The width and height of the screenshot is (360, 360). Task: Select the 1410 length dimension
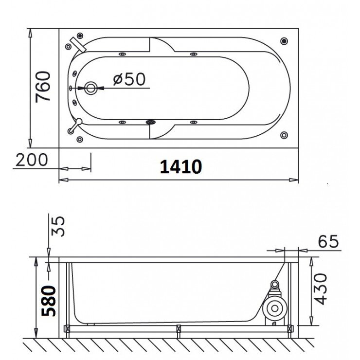(x=180, y=167)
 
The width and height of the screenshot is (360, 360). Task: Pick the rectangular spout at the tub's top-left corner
(x=77, y=43)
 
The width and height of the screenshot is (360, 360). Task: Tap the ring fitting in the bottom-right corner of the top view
(x=284, y=135)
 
